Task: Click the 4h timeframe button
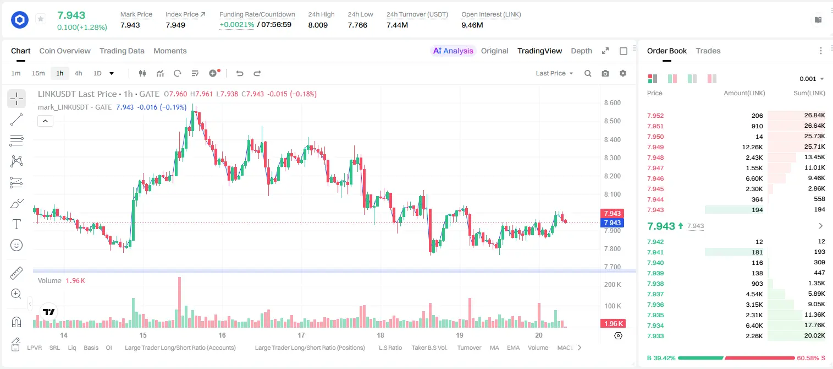click(x=78, y=73)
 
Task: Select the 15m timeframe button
click(x=38, y=73)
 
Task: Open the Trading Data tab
click(x=122, y=51)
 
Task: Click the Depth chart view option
click(x=581, y=51)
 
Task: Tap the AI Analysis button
click(x=453, y=51)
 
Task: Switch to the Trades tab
click(x=708, y=51)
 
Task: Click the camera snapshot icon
click(x=605, y=73)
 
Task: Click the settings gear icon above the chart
click(x=623, y=73)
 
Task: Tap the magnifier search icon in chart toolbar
click(x=588, y=73)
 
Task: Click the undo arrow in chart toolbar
click(x=240, y=73)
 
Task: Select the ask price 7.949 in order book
click(x=655, y=147)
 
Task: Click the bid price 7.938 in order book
click(x=655, y=284)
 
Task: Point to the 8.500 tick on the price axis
click(x=612, y=121)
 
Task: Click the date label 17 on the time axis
click(x=301, y=335)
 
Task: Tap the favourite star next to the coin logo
click(x=41, y=19)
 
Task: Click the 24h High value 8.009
click(x=318, y=25)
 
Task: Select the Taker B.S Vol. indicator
click(x=429, y=348)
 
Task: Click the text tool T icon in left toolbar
click(x=16, y=224)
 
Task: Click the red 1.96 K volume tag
click(x=613, y=324)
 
